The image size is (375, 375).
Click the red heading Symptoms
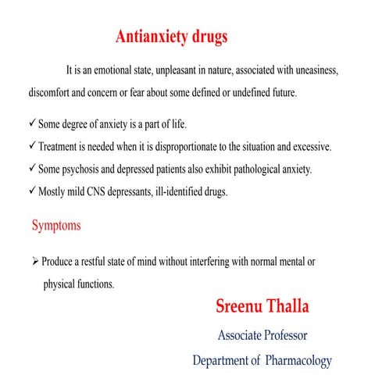[x=55, y=226]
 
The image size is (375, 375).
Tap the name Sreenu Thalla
[x=262, y=305]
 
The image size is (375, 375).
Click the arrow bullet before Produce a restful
[x=35, y=262]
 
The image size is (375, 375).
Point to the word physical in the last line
[x=60, y=284]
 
